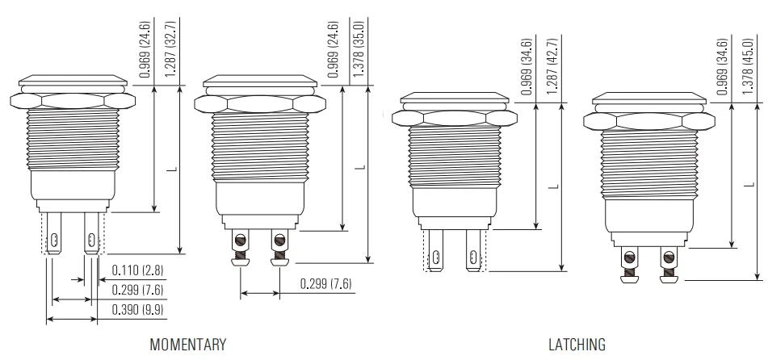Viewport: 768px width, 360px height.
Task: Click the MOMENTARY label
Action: [188, 345]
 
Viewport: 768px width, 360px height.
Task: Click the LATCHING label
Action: [577, 345]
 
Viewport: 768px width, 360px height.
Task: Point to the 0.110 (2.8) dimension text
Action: [137, 270]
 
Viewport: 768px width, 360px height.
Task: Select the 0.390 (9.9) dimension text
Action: [137, 309]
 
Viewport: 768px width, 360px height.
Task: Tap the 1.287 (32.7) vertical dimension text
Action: [170, 48]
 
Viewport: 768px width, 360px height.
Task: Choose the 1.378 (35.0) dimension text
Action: [359, 48]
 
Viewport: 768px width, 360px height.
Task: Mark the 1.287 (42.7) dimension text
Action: [552, 66]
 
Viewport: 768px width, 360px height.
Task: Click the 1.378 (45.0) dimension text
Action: [748, 66]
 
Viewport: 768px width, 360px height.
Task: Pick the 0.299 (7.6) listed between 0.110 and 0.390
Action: [137, 290]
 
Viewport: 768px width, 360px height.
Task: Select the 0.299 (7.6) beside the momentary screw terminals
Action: [325, 283]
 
